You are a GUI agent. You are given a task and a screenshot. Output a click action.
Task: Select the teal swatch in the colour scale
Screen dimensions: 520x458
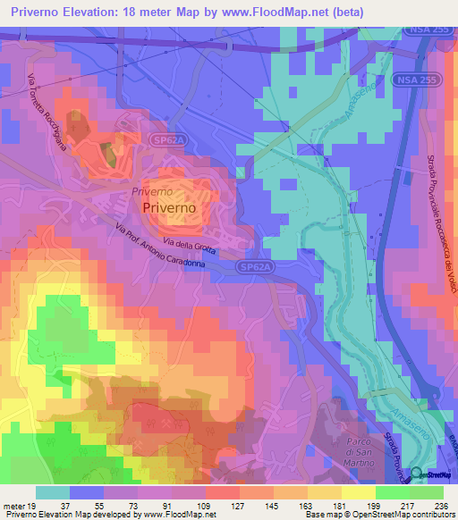click(53, 492)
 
